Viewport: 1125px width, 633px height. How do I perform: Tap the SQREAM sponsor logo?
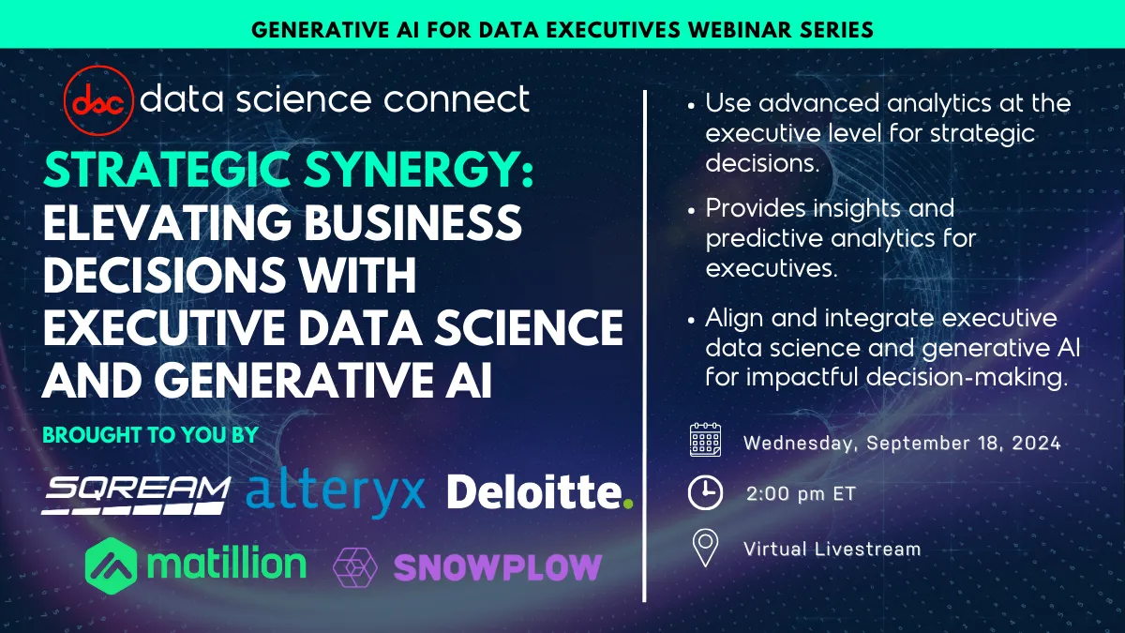(x=136, y=492)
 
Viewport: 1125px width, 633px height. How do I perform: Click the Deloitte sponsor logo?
(x=532, y=491)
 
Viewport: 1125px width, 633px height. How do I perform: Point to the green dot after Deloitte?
(x=628, y=504)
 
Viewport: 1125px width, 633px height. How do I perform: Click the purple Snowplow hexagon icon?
(x=355, y=566)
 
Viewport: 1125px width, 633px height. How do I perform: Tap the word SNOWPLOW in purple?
(x=497, y=566)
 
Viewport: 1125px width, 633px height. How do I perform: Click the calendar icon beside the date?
(x=705, y=440)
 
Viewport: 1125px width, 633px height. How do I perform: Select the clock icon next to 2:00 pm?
(x=705, y=493)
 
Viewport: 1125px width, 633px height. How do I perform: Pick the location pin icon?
(x=705, y=548)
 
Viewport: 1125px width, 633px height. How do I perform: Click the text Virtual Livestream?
(x=832, y=548)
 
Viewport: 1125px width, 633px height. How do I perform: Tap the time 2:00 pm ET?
(x=801, y=493)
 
